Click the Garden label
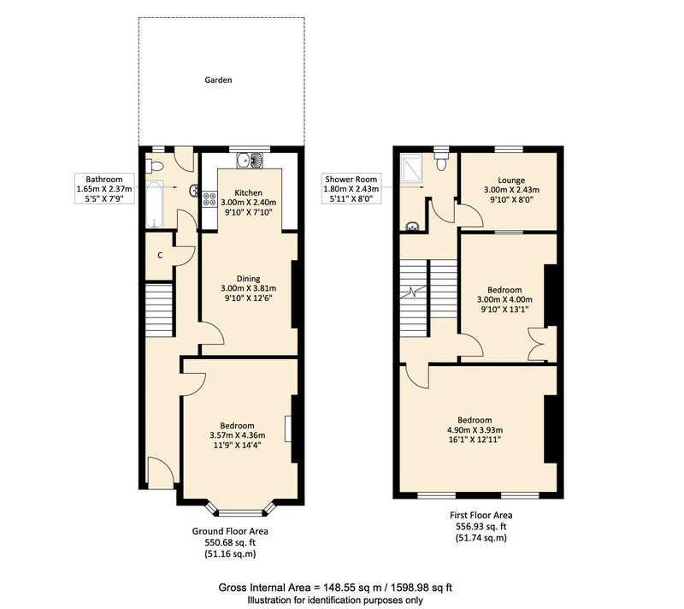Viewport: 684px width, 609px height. click(218, 80)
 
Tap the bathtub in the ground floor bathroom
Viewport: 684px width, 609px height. click(154, 205)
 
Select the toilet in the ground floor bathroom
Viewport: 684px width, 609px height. click(155, 166)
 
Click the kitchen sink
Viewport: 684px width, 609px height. click(251, 161)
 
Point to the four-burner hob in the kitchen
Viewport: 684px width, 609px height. click(209, 199)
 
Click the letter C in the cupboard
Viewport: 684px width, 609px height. click(160, 255)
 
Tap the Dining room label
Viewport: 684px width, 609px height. click(248, 278)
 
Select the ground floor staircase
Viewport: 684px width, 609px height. click(160, 310)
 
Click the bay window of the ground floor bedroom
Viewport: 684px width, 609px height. click(241, 511)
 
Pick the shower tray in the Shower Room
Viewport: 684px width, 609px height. click(411, 167)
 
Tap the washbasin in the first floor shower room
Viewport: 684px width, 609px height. click(412, 226)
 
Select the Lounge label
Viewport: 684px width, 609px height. click(511, 180)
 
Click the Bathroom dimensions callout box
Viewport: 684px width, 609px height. click(104, 189)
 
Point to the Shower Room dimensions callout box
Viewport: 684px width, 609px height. click(351, 189)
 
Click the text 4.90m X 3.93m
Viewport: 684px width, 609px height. click(475, 429)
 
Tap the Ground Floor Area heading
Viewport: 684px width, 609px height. click(230, 531)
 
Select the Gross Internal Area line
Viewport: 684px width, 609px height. click(335, 587)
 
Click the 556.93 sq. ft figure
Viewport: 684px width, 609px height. click(481, 526)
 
